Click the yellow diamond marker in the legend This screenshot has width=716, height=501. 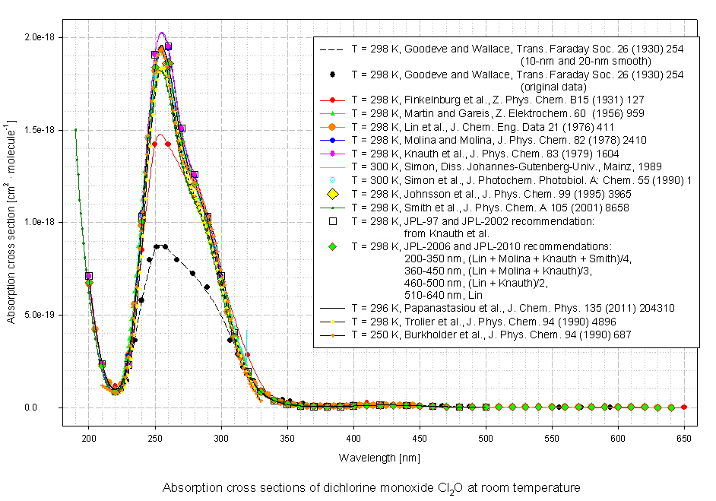[333, 193]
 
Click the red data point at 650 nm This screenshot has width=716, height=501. [684, 407]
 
